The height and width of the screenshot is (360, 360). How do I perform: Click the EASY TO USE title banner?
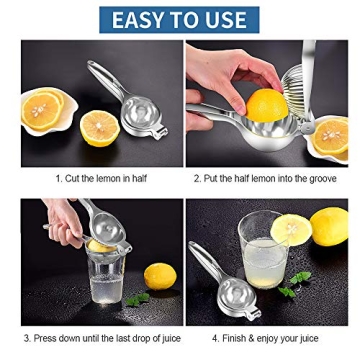click(179, 19)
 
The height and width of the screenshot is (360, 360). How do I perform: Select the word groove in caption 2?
click(320, 179)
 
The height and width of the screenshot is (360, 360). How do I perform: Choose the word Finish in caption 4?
click(236, 339)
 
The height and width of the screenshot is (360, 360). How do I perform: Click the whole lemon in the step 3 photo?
click(159, 276)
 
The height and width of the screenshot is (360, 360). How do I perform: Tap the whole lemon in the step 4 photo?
click(328, 225)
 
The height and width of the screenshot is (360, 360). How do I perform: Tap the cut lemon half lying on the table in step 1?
click(99, 128)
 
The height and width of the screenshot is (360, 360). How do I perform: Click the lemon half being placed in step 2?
click(266, 104)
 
